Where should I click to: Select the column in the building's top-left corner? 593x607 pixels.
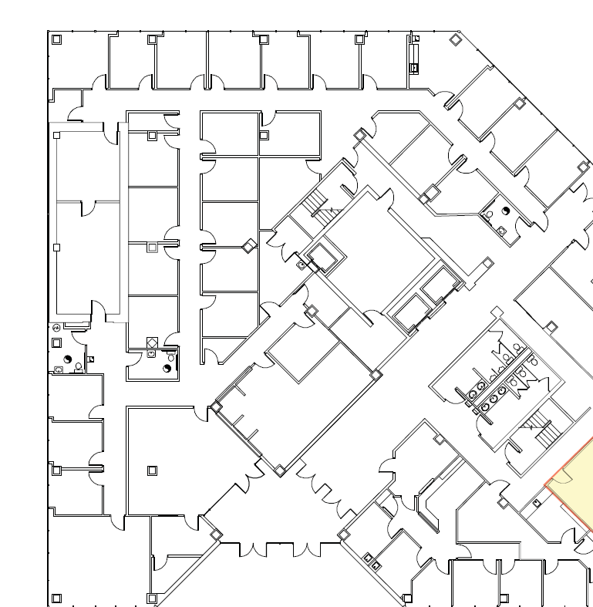click(x=56, y=39)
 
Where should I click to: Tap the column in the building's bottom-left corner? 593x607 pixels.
click(x=56, y=598)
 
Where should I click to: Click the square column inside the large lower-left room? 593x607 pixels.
click(x=152, y=470)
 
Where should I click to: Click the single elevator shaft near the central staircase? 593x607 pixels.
click(x=322, y=258)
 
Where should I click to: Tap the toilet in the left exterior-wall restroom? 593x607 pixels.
click(x=68, y=359)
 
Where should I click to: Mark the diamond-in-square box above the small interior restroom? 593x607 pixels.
click(x=152, y=342)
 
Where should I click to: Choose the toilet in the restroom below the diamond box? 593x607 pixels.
click(x=168, y=368)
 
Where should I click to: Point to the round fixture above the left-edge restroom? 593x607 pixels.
click(x=56, y=329)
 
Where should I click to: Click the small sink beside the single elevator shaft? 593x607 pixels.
click(x=300, y=266)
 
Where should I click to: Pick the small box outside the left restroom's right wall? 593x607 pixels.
click(x=91, y=359)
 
